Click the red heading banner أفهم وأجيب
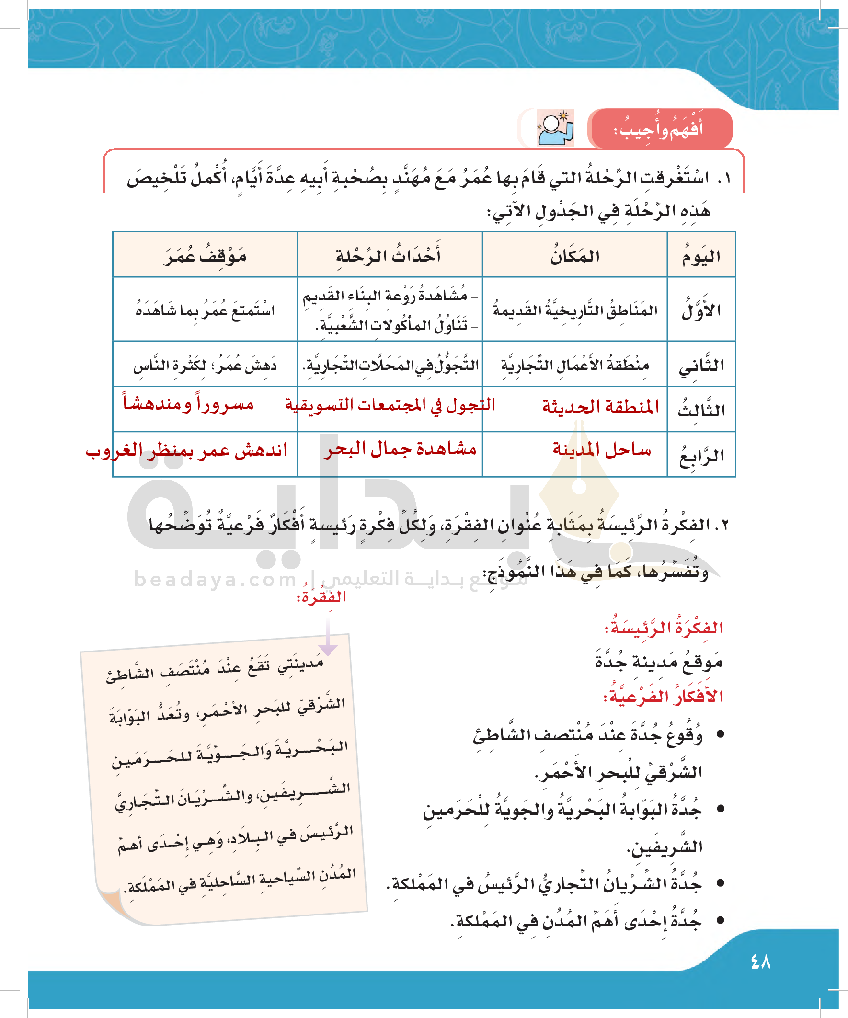(x=659, y=129)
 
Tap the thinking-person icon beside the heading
(x=556, y=128)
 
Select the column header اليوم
(x=701, y=255)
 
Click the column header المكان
(x=574, y=255)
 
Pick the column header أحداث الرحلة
(x=389, y=255)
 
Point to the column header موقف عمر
(x=205, y=255)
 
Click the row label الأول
(x=701, y=310)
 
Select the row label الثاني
(x=701, y=365)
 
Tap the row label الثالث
(x=701, y=410)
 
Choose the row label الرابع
(x=701, y=455)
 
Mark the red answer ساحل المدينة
(x=602, y=450)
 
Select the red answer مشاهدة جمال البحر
(x=400, y=449)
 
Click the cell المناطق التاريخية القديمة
(x=575, y=310)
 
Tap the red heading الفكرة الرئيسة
(x=664, y=628)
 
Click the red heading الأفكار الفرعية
(x=663, y=696)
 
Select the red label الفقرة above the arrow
(x=321, y=596)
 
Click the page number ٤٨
(x=760, y=961)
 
